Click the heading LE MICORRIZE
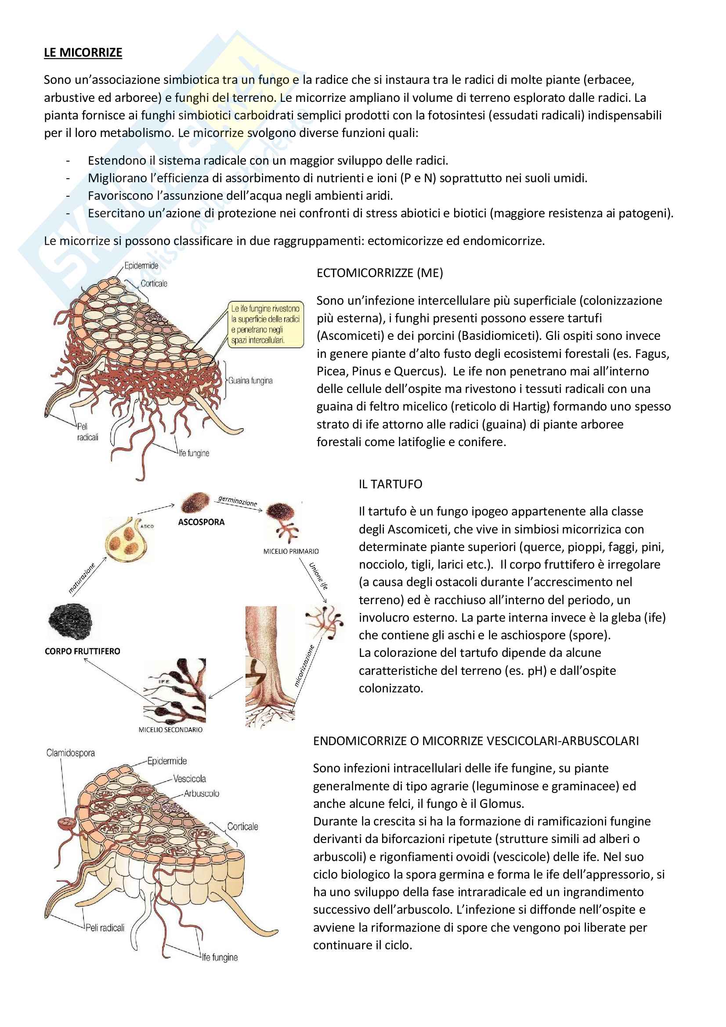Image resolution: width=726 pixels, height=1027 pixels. [x=83, y=53]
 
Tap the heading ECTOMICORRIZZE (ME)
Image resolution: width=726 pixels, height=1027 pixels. [x=379, y=273]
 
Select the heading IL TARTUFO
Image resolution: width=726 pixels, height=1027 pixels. [x=390, y=484]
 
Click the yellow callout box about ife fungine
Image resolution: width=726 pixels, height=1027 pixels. [x=265, y=324]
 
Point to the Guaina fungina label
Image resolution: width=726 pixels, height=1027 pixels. [x=250, y=381]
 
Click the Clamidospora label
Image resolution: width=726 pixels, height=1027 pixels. [x=71, y=753]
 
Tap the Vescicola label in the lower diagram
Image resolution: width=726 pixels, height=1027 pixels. [x=190, y=779]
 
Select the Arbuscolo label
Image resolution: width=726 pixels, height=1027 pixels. [x=201, y=793]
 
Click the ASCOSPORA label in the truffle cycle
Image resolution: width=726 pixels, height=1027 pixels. [x=201, y=522]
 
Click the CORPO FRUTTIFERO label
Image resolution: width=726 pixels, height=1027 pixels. [x=82, y=651]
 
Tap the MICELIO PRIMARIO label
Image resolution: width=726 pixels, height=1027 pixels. [x=291, y=551]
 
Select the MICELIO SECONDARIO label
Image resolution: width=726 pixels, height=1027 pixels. [x=170, y=730]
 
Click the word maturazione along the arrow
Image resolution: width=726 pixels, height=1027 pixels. [x=82, y=578]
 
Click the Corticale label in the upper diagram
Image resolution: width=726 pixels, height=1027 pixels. [x=154, y=284]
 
